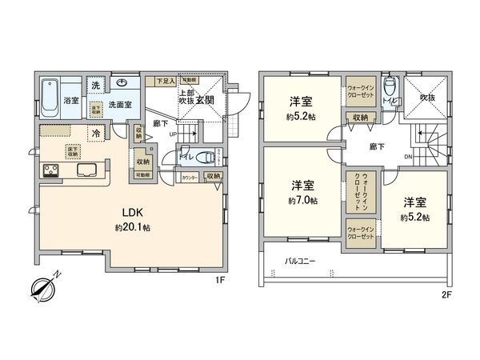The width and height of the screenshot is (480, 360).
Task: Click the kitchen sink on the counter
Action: click(86, 170)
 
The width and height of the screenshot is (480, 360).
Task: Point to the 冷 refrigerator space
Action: click(96, 133)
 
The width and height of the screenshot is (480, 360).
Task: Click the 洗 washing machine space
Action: click(94, 86)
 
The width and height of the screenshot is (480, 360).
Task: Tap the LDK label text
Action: click(132, 214)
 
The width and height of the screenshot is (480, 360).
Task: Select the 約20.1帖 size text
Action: click(132, 228)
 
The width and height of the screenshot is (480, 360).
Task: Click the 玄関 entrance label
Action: click(206, 99)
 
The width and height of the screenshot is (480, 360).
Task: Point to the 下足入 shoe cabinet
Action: click(165, 81)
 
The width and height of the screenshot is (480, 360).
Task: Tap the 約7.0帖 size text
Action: click(302, 201)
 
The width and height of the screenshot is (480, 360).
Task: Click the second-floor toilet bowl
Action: click(390, 87)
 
